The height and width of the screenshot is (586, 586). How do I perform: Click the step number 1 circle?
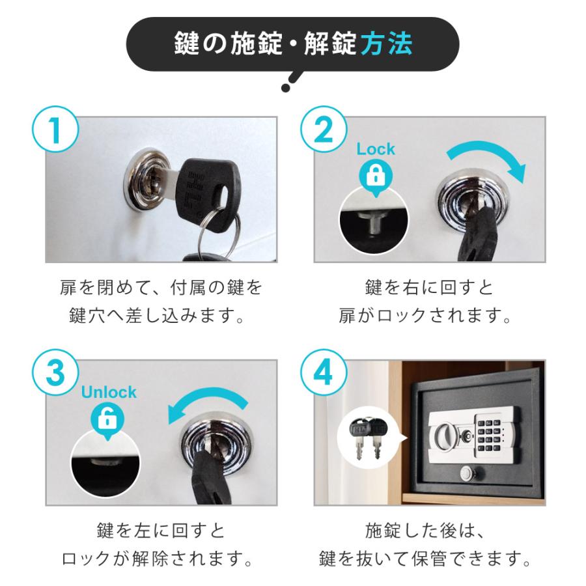tap(55, 132)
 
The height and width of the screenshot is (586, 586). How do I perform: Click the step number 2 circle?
tap(324, 132)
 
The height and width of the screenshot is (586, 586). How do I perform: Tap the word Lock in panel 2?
tap(376, 149)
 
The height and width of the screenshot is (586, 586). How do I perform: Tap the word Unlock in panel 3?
tap(108, 393)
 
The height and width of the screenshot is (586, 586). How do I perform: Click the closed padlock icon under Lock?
tap(376, 174)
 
